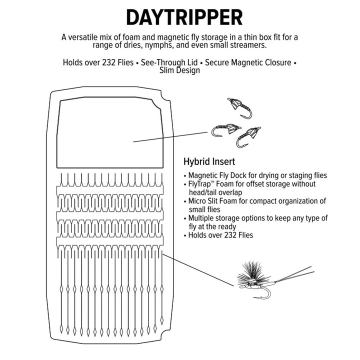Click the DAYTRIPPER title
click(184, 17)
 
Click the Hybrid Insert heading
click(209, 162)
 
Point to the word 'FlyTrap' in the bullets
click(200, 184)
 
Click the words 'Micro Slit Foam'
click(213, 201)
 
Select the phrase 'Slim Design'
click(179, 70)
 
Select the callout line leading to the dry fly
click(197, 268)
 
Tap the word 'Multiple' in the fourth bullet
click(202, 218)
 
